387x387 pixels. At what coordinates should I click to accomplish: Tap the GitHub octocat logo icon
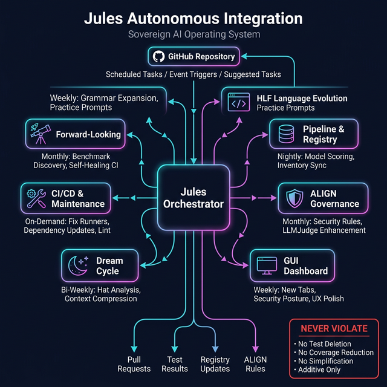pos(159,57)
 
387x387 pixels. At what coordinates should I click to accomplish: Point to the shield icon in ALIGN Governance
pos(293,198)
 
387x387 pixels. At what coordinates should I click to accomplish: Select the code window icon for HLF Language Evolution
pos(238,103)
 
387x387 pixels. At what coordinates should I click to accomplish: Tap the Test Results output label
pos(175,364)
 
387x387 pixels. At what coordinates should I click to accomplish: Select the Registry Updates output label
pos(215,364)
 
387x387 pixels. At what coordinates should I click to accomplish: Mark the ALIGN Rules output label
pos(255,364)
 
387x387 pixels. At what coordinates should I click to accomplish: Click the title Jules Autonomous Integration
pos(193,18)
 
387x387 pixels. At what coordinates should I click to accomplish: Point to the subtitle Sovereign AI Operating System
pos(193,34)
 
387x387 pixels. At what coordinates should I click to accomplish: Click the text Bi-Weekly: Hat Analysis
pos(100,290)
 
